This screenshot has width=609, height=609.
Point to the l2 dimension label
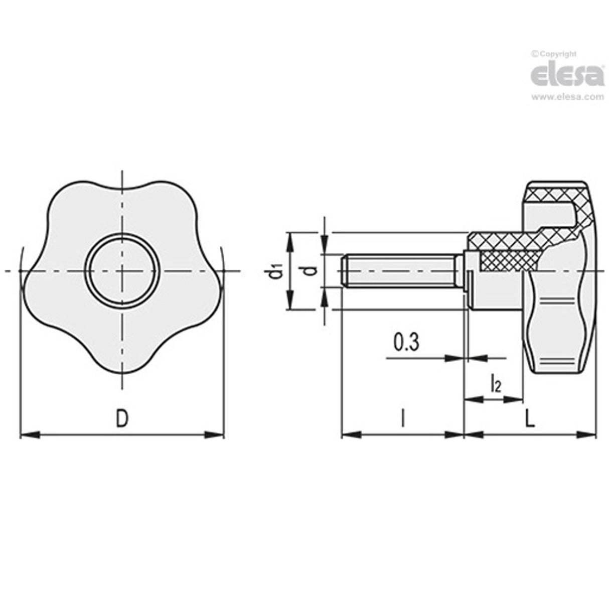pyautogui.click(x=495, y=385)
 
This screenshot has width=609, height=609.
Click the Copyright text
pyautogui.click(x=554, y=54)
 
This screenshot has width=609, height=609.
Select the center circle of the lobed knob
pyautogui.click(x=122, y=271)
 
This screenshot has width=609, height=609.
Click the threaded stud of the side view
pyautogui.click(x=401, y=271)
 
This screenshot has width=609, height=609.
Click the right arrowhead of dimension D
pyautogui.click(x=217, y=435)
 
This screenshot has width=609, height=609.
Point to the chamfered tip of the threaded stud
pyautogui.click(x=344, y=271)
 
